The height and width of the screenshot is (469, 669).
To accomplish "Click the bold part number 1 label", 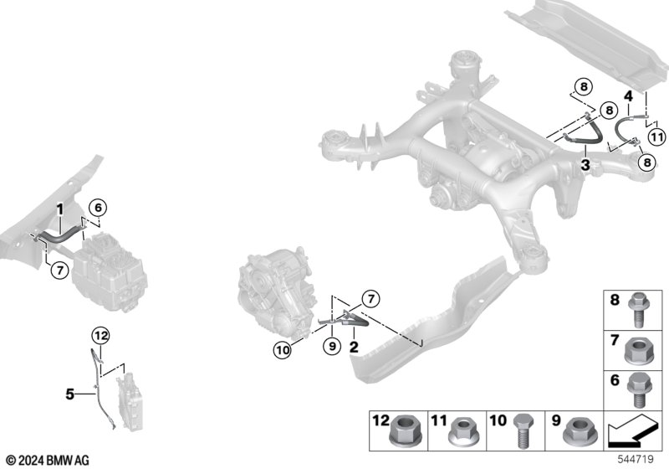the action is coord(60,209).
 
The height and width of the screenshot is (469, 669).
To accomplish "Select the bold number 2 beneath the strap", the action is coord(354,347).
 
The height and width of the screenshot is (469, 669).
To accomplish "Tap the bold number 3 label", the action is coord(585,165).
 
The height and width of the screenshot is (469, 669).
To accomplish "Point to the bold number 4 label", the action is coord(628,96).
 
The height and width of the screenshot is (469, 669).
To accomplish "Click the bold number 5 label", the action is coord(70,394).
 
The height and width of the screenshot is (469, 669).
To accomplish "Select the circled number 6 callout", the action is coord(98,208).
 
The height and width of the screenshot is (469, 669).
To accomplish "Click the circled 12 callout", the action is coord(101,336).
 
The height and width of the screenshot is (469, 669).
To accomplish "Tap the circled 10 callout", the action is coord(283,350).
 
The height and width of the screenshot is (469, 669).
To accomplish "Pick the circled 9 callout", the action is coord(332,346).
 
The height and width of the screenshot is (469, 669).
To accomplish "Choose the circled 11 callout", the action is coord(656,137).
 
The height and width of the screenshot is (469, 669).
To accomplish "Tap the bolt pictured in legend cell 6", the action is coord(639,390).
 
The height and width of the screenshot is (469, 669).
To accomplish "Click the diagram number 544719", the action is coord(636,460).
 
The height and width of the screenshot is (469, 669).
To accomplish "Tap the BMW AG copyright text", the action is coord(48,461).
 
